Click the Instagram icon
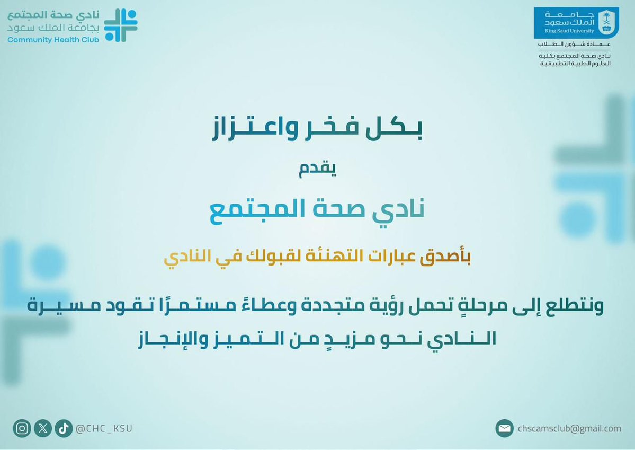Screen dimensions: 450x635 pyautogui.click(x=22, y=428)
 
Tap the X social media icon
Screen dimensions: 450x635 pyautogui.click(x=43, y=428)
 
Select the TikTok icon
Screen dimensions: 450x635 pyautogui.click(x=62, y=428)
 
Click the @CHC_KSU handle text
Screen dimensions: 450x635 pyautogui.click(x=104, y=428)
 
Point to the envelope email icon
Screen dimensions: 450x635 pyautogui.click(x=505, y=428)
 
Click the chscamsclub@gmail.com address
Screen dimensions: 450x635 pyautogui.click(x=570, y=428)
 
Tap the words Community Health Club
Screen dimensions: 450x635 pyautogui.click(x=53, y=40)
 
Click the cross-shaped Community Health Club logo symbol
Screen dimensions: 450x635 pyautogui.click(x=120, y=24)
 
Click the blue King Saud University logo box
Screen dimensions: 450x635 pyautogui.click(x=576, y=22)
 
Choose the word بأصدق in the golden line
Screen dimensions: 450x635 pyautogui.click(x=449, y=259)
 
